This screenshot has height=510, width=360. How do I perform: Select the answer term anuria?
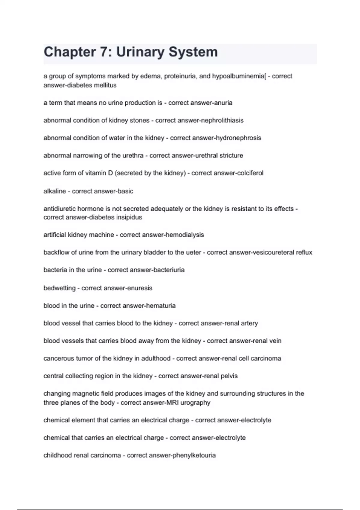click(222, 103)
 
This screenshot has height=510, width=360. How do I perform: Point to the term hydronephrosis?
click(238, 138)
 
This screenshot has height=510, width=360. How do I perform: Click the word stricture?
click(231, 155)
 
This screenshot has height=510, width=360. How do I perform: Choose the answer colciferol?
click(250, 173)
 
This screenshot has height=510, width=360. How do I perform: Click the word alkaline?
click(55, 191)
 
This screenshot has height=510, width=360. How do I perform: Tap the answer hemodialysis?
click(183, 235)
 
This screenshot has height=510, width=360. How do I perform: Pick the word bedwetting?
click(59, 288)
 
